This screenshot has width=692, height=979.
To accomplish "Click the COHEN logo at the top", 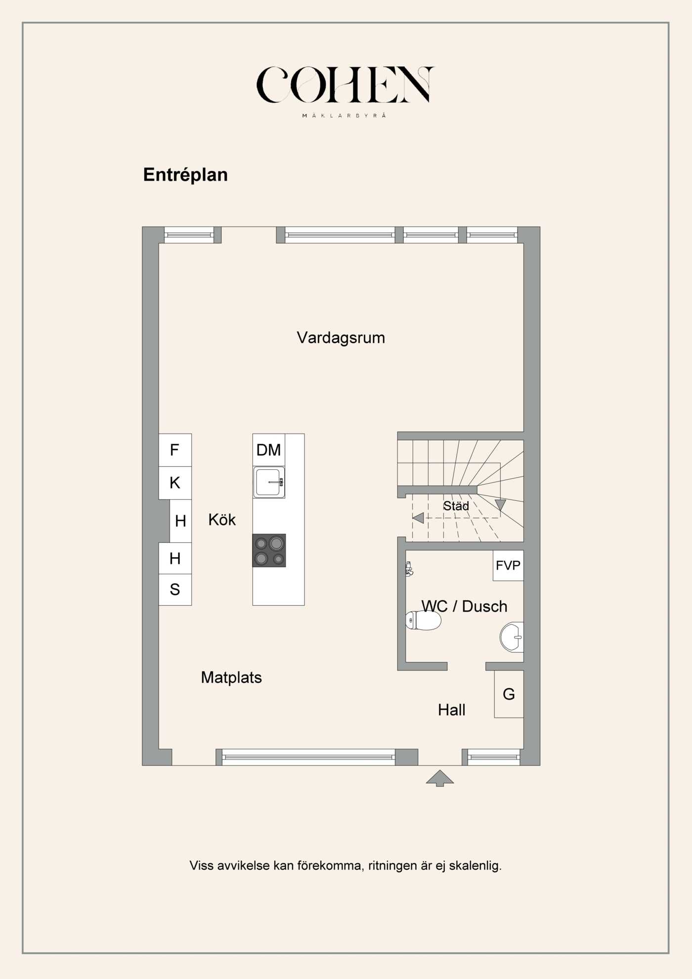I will pos(345,85).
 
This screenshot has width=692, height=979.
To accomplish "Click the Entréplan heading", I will pos(185,175).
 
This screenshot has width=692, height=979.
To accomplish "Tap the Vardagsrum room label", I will pos(341,338).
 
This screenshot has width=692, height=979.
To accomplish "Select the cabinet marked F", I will pos(174,450).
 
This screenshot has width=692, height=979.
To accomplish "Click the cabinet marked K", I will pos(174,483).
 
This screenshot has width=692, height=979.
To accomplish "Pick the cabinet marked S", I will pos(174,589).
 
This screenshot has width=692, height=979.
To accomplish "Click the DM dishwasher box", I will pos(268,450).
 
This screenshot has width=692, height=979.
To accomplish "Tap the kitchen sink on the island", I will pos(269,482).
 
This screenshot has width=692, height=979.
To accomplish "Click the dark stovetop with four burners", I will pos(269,550).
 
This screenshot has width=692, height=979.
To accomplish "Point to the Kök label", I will pos(222,520).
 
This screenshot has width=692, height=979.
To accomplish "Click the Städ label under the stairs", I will pos(456,506).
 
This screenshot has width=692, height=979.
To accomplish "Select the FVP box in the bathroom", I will pos(508,565).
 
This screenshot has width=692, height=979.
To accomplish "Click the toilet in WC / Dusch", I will pos(424,620).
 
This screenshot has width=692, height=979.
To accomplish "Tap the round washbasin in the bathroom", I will pos(512,637).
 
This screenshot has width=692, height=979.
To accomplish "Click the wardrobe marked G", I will pos(509,694).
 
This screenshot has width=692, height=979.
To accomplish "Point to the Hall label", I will pos(451,710).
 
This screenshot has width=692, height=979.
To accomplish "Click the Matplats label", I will pos(231,677).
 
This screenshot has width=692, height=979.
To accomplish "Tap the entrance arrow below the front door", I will pos(439,778).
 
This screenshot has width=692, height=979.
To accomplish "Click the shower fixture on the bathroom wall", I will pos(409,569).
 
